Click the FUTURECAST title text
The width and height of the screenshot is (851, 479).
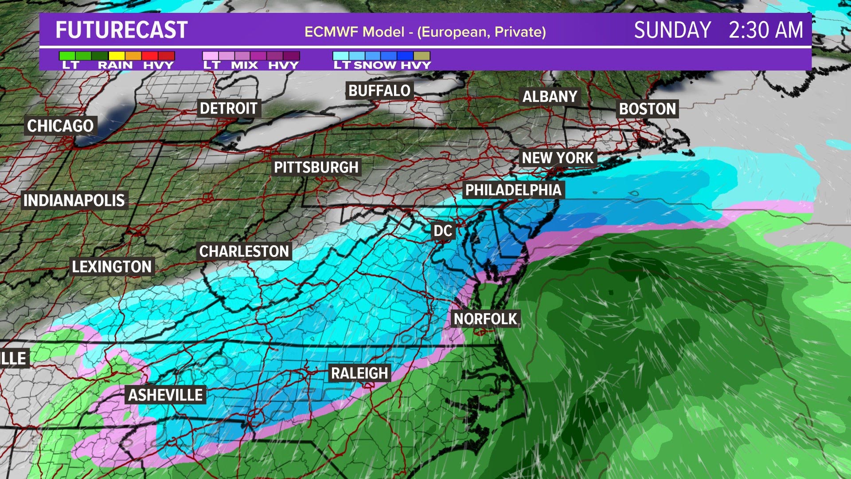(x=121, y=30)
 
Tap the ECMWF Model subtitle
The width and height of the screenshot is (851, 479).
(x=425, y=32)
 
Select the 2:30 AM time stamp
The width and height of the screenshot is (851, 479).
(x=765, y=30)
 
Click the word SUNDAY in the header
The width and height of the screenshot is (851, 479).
(x=672, y=30)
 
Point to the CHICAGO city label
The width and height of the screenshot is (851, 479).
(x=60, y=126)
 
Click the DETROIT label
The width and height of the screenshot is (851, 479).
(x=229, y=108)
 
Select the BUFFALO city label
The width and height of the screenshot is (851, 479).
(x=379, y=90)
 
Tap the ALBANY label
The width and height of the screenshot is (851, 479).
(x=550, y=96)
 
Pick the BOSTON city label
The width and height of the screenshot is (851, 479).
(x=648, y=109)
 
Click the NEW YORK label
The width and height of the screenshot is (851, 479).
(x=558, y=158)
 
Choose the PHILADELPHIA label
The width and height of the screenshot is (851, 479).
(x=513, y=190)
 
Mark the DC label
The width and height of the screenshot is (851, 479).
(x=443, y=231)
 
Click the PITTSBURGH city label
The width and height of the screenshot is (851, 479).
(x=316, y=167)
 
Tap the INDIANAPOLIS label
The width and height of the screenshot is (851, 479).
(x=74, y=200)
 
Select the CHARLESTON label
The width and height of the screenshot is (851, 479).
(x=244, y=251)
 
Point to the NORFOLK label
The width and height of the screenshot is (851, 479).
(x=485, y=319)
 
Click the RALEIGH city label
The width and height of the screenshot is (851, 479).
(x=359, y=373)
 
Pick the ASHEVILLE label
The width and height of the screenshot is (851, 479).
(x=166, y=395)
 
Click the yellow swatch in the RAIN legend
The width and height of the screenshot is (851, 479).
(x=117, y=56)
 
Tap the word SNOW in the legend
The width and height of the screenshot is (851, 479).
(x=375, y=65)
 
